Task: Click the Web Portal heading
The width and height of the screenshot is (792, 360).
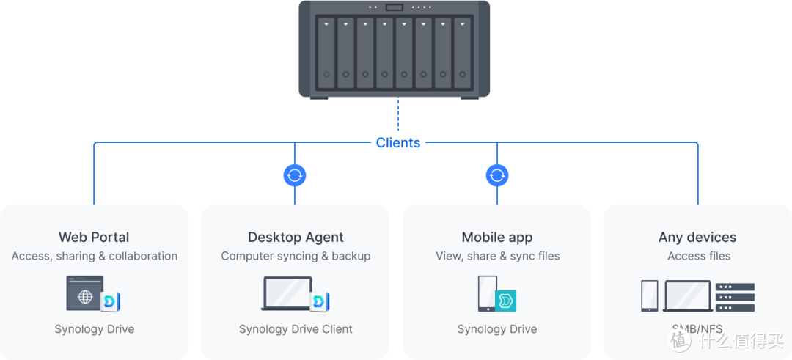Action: (x=94, y=238)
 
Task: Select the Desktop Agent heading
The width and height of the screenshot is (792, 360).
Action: (x=296, y=238)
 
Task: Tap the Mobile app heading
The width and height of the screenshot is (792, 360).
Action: (x=497, y=238)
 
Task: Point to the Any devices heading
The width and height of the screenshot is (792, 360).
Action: (x=697, y=238)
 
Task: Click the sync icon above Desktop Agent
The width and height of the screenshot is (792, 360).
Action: (x=295, y=175)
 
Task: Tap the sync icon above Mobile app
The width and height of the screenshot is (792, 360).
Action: (x=497, y=175)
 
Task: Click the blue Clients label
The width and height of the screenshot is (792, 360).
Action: (x=398, y=142)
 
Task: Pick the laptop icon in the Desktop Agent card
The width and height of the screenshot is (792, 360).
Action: (x=287, y=294)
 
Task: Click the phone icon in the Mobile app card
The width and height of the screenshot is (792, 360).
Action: (x=488, y=294)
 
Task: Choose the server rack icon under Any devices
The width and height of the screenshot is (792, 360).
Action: (x=735, y=297)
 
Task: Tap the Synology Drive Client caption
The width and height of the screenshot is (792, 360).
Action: (x=296, y=329)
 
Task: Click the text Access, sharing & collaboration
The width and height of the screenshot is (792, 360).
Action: (x=95, y=256)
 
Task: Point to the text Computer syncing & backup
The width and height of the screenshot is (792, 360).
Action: (x=296, y=256)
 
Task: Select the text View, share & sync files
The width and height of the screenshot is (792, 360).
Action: (x=497, y=256)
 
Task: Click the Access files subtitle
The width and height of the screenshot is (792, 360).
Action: (x=699, y=256)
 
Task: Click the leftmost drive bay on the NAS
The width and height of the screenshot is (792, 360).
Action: (x=326, y=53)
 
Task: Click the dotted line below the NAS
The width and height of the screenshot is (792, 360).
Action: (x=398, y=116)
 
